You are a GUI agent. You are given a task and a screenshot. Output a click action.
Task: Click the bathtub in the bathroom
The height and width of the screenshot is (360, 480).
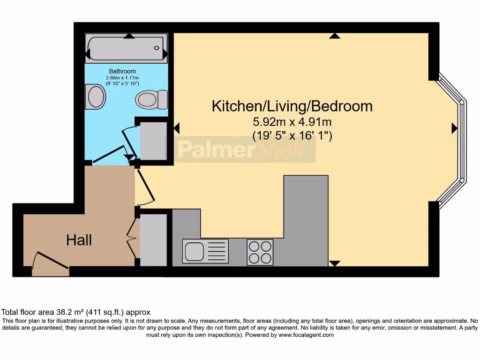click(126, 48)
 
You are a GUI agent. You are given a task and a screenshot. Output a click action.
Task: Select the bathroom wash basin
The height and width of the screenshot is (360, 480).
click(97, 97)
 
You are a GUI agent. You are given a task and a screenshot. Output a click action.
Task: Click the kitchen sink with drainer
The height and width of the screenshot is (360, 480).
click(205, 251)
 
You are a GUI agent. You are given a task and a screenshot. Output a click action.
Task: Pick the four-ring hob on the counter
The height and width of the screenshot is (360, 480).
click(260, 252)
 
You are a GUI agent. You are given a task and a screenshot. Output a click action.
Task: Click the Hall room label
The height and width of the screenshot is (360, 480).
click(79, 240)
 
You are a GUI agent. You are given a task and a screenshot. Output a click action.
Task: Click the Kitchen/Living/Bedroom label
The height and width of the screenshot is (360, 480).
click(292, 106)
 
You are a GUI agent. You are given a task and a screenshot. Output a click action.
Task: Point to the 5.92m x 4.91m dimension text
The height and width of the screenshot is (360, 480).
click(292, 122)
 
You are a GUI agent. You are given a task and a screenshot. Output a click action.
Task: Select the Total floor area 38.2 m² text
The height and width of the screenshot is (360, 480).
click(76, 312)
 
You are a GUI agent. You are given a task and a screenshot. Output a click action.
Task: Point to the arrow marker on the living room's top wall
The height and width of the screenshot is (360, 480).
click(334, 36)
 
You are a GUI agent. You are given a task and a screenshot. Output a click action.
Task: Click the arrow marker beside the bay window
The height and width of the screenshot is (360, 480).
click(454, 128)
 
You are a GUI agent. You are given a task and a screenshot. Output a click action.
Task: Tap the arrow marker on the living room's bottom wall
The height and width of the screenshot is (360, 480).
click(334, 263)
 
